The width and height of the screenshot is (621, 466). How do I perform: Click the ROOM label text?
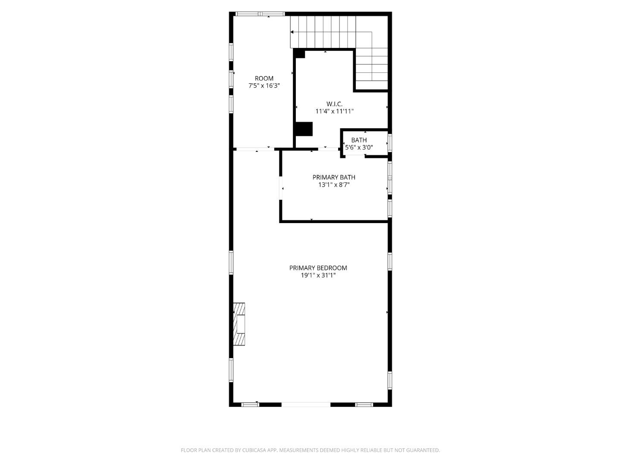coord(264,79)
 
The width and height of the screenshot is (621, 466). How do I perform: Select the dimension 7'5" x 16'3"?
coord(264,86)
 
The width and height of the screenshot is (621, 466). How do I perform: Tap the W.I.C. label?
coord(334,104)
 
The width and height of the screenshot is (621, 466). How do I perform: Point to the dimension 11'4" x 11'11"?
coord(334,111)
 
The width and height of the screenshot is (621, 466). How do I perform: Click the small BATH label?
coord(359,140)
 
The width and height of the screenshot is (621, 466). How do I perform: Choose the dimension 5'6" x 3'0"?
coord(359,148)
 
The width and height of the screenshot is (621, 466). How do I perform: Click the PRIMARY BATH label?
coord(334,177)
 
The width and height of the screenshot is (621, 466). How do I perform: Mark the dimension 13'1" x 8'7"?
coord(334,185)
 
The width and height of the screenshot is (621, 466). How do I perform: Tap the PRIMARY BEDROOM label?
coord(318,268)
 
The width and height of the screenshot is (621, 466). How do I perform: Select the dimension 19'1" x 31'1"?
coord(318,275)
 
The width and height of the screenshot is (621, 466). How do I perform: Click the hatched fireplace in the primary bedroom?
coord(239,324)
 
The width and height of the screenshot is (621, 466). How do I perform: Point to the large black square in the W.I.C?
coord(304,129)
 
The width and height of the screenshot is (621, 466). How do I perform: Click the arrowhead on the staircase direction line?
coord(292,32)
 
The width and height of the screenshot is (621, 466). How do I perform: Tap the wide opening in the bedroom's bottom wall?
coord(306,405)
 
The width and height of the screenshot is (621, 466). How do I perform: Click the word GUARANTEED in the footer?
coord(423,450)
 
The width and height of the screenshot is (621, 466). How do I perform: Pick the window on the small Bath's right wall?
coord(389,142)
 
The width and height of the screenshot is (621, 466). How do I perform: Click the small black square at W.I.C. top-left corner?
coord(300,54)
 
